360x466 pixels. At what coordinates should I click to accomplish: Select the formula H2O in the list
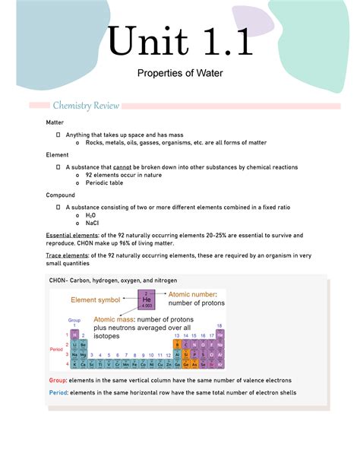pos(93,215)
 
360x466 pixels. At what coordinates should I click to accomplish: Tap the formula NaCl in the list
pos(93,225)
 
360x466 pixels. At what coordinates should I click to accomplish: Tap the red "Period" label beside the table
pos(56,349)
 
